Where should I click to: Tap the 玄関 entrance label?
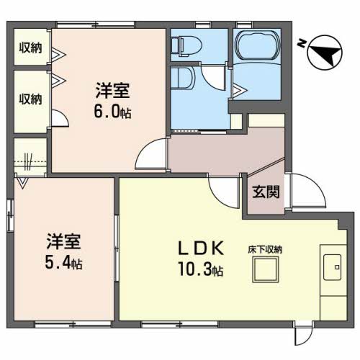point(266,192)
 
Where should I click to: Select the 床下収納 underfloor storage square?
point(266,269)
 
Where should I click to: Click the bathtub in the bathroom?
point(257,45)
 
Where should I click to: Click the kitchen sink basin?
point(332,267)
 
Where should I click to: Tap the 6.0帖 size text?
point(112,112)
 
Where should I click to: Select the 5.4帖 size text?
point(63,263)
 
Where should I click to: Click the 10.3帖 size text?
point(201,269)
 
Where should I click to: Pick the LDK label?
point(201,248)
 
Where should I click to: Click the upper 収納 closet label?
point(30,48)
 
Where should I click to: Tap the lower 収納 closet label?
point(30,99)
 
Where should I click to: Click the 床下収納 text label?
point(265,250)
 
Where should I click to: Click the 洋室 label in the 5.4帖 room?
point(63,241)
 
